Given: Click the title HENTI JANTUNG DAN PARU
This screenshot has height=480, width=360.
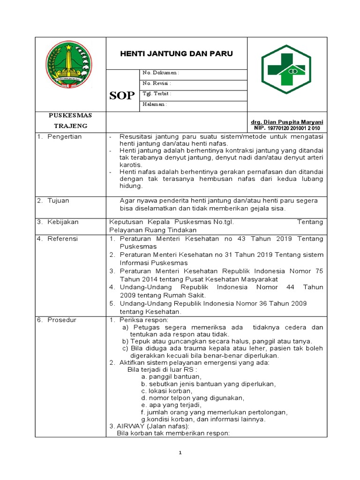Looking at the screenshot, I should (177, 54).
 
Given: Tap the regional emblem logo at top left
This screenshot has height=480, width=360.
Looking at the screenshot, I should (69, 65).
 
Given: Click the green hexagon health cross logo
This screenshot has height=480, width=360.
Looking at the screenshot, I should (286, 69).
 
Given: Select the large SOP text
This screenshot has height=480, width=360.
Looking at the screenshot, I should (122, 96).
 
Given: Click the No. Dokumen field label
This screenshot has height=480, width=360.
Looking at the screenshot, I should (160, 73).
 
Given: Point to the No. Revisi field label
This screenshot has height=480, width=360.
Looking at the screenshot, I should (157, 83).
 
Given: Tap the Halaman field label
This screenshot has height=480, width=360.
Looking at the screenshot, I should (154, 104).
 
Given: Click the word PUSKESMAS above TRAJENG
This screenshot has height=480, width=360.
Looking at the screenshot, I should (70, 115).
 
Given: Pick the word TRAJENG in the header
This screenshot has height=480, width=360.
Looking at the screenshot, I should (70, 126).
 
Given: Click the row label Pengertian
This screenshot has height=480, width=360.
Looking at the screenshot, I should (64, 136).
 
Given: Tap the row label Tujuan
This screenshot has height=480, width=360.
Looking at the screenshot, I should (58, 201).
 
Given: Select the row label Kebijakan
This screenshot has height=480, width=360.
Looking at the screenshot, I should (63, 222).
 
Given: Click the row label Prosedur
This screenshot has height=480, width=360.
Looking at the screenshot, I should (62, 320).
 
